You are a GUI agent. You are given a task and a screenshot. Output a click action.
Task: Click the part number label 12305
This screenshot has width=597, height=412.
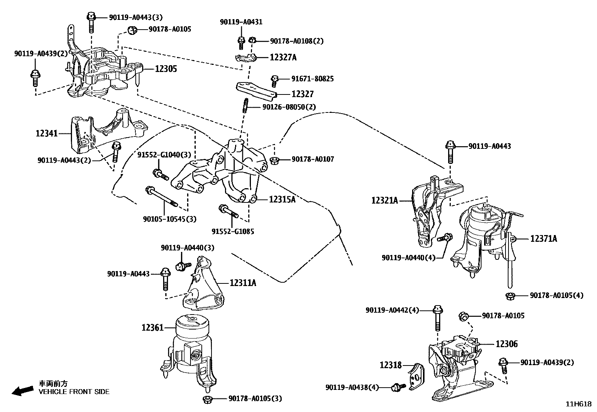(166, 69)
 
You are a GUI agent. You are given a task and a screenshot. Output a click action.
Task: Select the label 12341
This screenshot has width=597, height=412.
(46, 133)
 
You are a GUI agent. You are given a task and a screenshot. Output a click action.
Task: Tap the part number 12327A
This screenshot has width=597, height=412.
(283, 57)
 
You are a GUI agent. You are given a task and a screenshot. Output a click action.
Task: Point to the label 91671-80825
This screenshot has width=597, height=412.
(312, 79)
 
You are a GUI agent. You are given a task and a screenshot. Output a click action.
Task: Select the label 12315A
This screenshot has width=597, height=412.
(282, 199)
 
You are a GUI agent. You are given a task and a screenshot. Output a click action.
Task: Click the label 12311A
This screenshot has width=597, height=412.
(243, 283)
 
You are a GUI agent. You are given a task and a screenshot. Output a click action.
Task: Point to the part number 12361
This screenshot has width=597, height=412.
(152, 328)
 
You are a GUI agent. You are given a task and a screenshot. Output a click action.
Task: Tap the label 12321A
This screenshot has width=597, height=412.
(384, 201)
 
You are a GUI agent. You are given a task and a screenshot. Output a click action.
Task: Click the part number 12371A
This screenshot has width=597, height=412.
(543, 238)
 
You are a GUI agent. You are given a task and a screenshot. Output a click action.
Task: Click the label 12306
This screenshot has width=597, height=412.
(506, 344)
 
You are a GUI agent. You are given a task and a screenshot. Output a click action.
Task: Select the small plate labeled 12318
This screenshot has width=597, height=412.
(416, 376)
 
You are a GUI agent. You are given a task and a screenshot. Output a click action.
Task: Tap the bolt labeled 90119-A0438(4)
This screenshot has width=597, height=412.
(398, 387)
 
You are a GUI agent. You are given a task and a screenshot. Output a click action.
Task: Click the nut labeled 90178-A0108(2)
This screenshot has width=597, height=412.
(252, 40)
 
